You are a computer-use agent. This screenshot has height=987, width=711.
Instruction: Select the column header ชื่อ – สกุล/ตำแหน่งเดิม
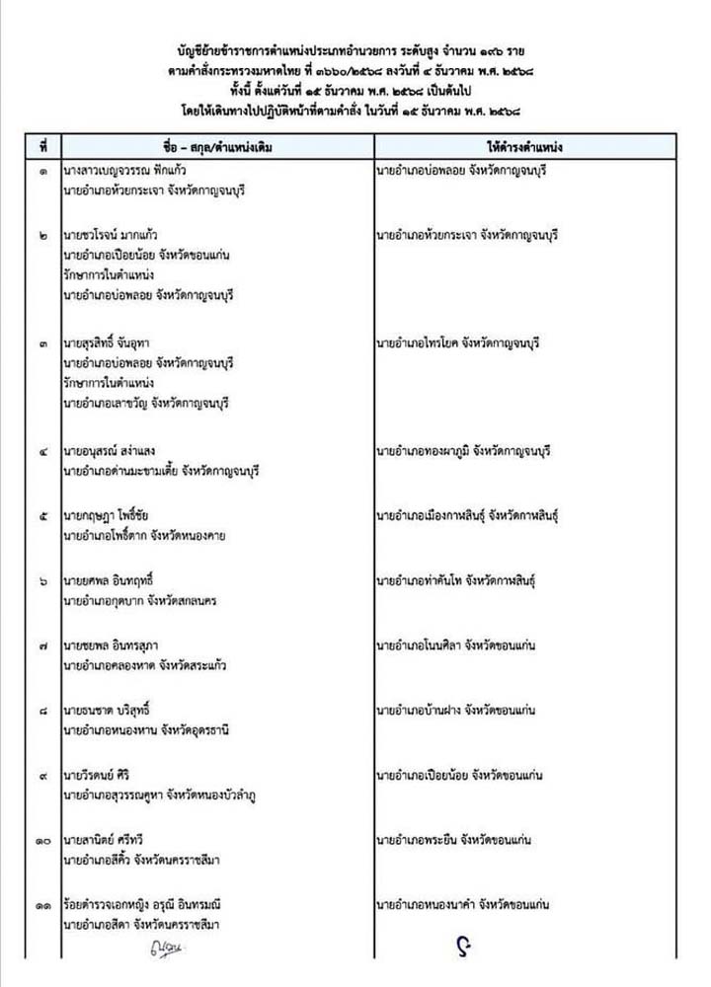pos(212,146)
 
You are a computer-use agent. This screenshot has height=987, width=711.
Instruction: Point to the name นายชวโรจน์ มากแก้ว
pos(115,238)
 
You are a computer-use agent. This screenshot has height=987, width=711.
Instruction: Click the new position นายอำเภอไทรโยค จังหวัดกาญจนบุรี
pos(460,344)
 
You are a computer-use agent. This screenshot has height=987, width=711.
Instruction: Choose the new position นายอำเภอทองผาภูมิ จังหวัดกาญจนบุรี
pos(463,452)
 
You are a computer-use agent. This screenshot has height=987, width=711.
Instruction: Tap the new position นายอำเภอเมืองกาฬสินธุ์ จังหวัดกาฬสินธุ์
pos(470,515)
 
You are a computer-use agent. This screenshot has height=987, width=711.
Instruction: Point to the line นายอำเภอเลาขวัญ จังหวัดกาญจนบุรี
pos(151,403)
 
